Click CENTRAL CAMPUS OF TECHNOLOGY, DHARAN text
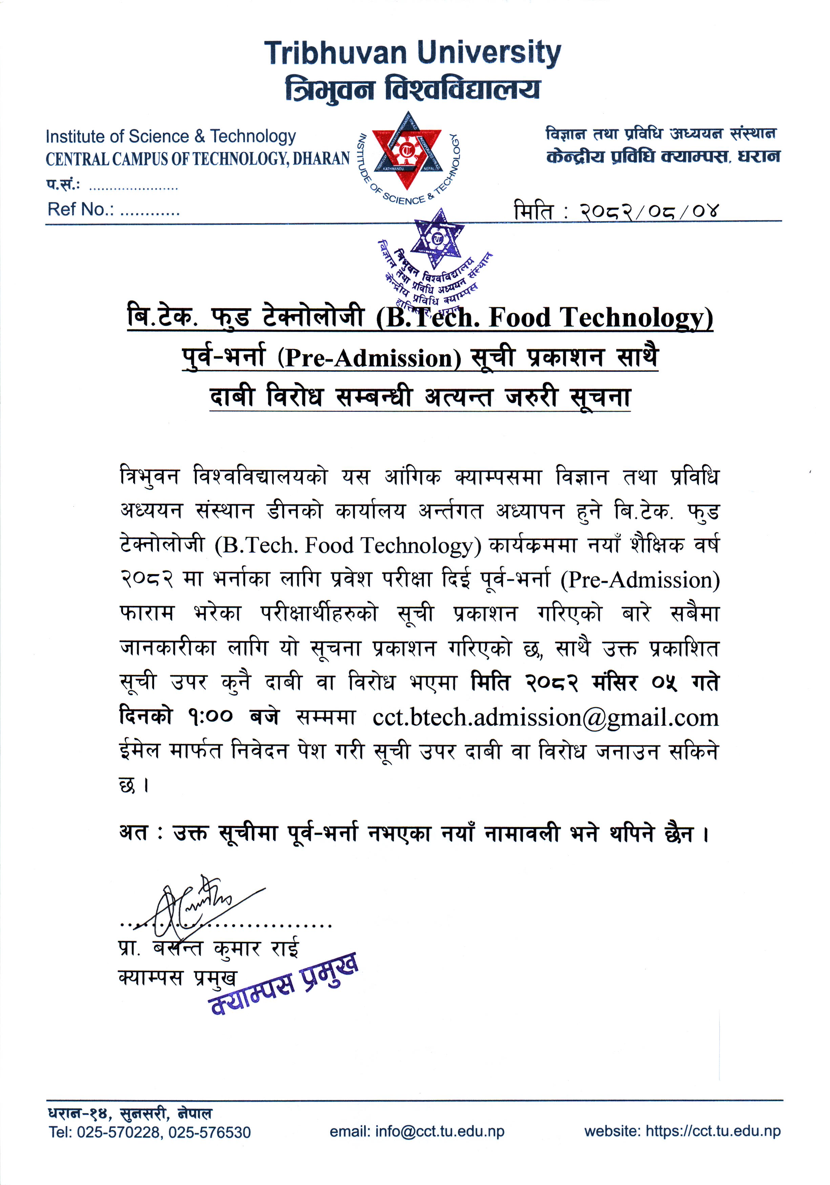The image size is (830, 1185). [x=198, y=159]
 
